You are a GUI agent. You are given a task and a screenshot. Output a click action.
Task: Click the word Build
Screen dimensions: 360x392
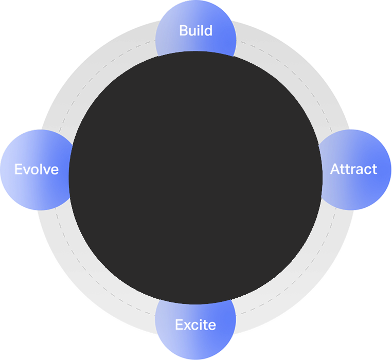(195, 30)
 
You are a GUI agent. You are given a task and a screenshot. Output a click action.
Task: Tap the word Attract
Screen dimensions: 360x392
(353, 169)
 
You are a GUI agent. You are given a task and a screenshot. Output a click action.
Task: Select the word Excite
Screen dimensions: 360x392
(195, 325)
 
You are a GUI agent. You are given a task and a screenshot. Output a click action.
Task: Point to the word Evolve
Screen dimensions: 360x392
(37, 169)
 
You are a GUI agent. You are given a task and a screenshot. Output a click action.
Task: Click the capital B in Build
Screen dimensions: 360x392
(183, 30)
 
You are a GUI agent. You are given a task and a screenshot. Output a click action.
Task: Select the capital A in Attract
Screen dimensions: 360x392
(335, 169)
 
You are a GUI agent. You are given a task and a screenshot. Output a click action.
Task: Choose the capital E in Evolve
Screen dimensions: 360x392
(18, 169)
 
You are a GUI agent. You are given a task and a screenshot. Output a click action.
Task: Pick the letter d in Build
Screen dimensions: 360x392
(208, 30)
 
